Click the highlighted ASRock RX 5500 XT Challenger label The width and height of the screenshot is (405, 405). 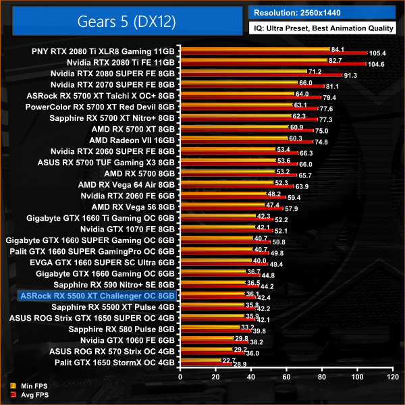point(98,296)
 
